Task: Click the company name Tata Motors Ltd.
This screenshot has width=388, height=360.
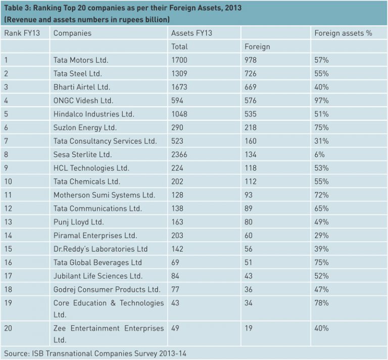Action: pos(81,60)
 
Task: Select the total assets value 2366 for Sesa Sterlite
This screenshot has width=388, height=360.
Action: pos(179,154)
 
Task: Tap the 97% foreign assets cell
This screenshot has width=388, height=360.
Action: pos(321,100)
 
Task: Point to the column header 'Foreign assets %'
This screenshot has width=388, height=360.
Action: pos(343,33)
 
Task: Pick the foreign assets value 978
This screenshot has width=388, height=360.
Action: pos(251,60)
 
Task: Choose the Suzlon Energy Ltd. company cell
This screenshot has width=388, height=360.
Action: pos(85,127)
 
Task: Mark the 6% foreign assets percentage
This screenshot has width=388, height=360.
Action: pos(319,154)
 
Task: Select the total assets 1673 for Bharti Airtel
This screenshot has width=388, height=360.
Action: pos(179,87)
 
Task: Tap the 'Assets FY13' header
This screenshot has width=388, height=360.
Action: pos(191,33)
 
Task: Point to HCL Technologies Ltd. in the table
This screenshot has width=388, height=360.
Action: pos(91,168)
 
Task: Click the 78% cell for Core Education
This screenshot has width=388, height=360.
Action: pos(321,303)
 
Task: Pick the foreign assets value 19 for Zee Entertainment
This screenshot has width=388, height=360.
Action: pos(249,328)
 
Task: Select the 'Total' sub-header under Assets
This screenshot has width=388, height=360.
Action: pos(179,47)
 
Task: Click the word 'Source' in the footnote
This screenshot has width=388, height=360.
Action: pos(16,353)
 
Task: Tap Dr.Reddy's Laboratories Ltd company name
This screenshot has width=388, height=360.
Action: pos(101,249)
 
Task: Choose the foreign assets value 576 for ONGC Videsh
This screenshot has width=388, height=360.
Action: pos(251,100)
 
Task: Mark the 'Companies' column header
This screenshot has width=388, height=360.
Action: pos(72,33)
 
